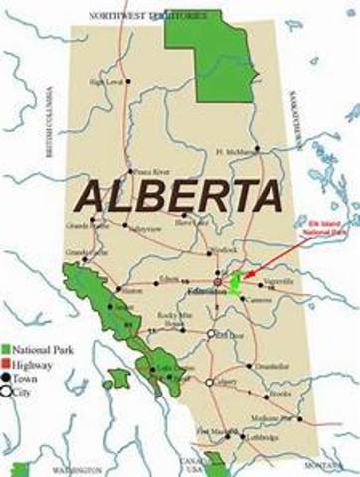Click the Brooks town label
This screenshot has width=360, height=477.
click(x=280, y=394)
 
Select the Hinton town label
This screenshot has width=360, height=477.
click(x=132, y=291)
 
